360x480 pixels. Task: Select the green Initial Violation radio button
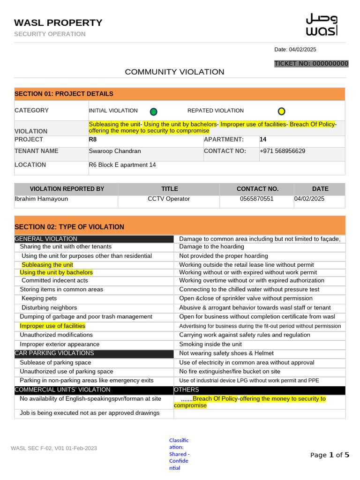[x=153, y=112]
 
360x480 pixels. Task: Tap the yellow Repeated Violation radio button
[x=281, y=111]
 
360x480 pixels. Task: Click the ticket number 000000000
[x=311, y=64]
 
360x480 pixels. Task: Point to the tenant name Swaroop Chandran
[x=115, y=151]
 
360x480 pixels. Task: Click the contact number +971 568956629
[x=282, y=151]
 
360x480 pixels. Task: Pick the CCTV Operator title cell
[x=169, y=199]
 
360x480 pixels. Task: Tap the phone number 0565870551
[x=256, y=199]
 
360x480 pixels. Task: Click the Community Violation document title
[x=174, y=72]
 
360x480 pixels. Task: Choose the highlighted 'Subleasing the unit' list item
[x=47, y=265]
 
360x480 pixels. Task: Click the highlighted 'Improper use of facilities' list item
[x=52, y=326]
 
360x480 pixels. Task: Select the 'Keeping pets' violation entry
[x=39, y=298]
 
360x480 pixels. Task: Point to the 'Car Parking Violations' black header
[x=54, y=353]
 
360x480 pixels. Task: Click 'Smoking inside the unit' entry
[x=210, y=344]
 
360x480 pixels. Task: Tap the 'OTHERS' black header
[x=187, y=390]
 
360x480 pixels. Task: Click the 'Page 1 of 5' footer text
[x=330, y=455]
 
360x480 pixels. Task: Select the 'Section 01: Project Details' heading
[x=64, y=94]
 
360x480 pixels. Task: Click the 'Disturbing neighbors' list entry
[x=49, y=307]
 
